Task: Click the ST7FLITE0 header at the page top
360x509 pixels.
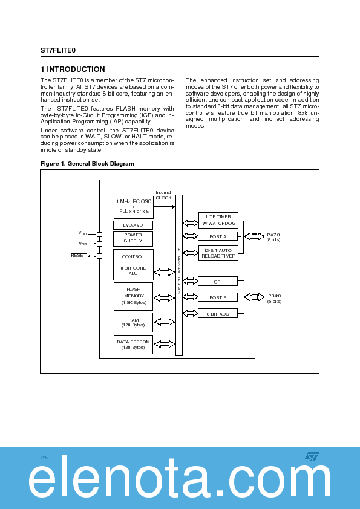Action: [x=58, y=51]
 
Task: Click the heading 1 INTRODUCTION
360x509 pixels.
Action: [x=73, y=70]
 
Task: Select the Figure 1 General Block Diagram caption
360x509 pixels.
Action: [x=87, y=164]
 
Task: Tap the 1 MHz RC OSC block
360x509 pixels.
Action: [x=133, y=207]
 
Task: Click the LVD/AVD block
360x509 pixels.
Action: [x=133, y=225]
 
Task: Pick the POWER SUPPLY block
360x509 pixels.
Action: [x=133, y=238]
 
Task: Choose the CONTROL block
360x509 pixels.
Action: [x=133, y=256]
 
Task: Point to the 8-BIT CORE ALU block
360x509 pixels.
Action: [x=133, y=271]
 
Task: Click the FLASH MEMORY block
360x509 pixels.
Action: [x=133, y=296]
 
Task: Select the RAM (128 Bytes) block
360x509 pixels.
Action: [x=133, y=322]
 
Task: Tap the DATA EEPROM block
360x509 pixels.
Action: [x=133, y=345]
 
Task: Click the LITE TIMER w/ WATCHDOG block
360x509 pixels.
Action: [x=218, y=219]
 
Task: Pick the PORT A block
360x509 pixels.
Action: [x=218, y=236]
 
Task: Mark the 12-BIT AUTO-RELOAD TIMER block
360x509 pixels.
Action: [x=218, y=253]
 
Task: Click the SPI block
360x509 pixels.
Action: [x=218, y=282]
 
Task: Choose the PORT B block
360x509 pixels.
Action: [x=218, y=297]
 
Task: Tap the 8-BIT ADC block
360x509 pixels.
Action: [x=218, y=313]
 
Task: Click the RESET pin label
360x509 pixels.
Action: [x=79, y=256]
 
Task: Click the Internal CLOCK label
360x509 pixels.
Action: [x=163, y=195]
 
